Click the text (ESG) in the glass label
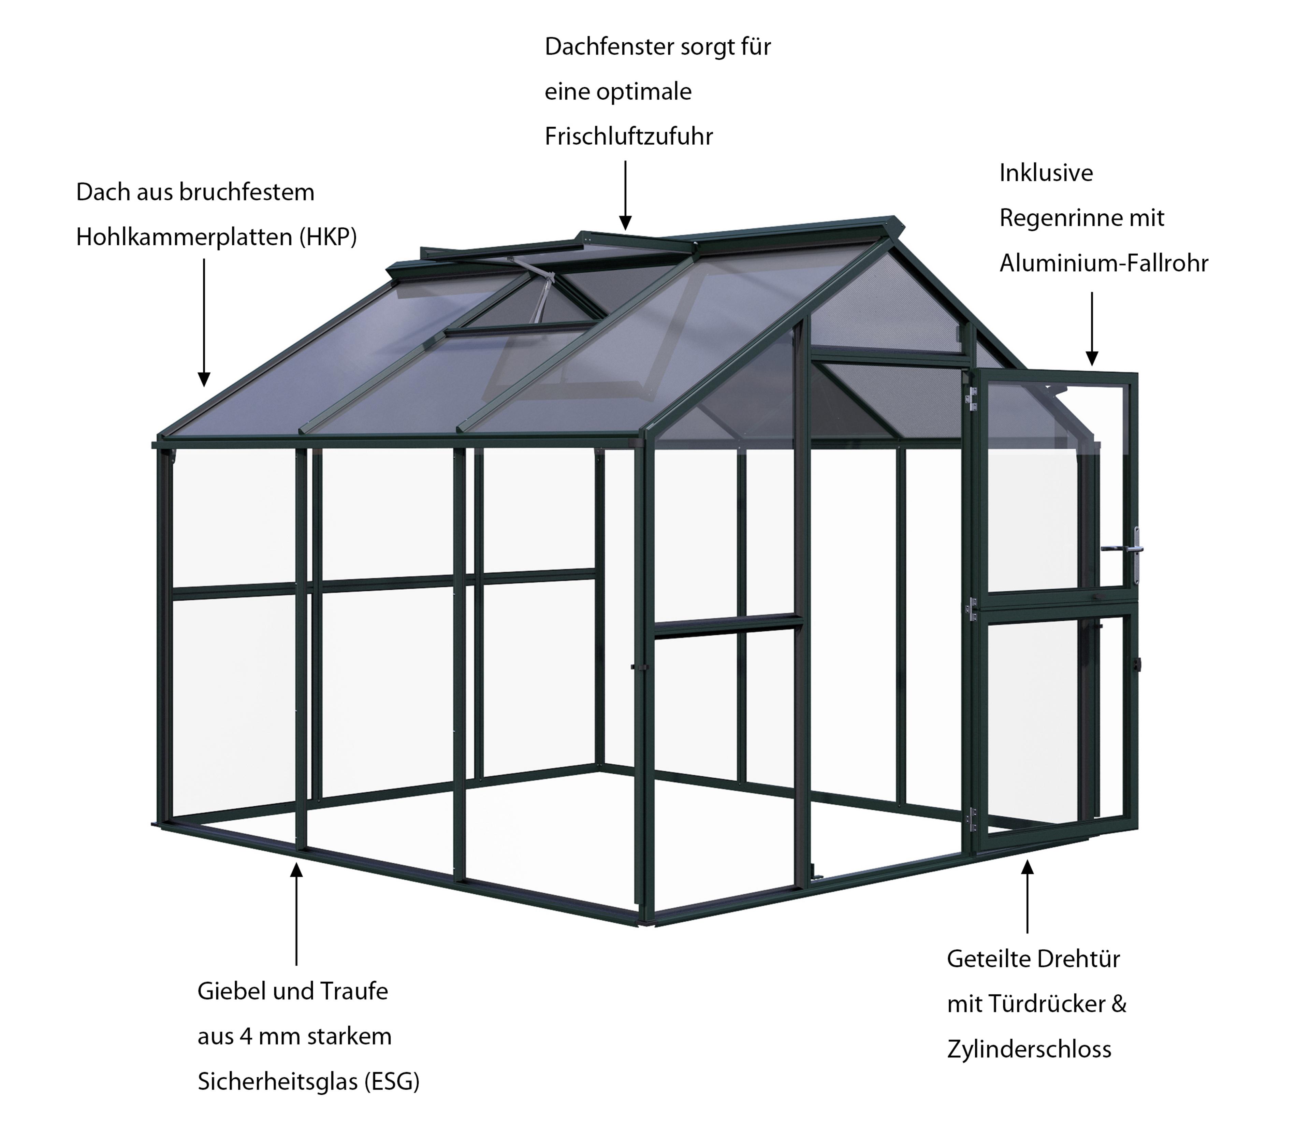tap(392, 1082)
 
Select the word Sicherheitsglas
tap(278, 1082)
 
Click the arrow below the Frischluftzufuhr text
tap(625, 195)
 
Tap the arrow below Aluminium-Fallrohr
tap(1092, 329)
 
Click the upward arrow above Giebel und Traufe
tap(296, 914)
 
